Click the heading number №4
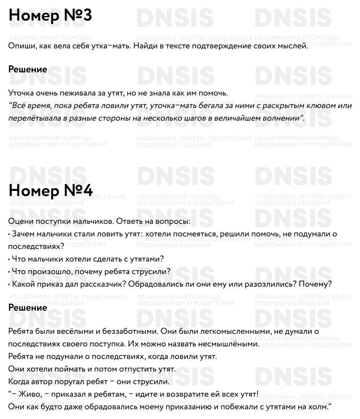point(78,190)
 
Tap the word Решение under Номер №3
point(28,69)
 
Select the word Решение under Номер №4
point(28,308)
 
